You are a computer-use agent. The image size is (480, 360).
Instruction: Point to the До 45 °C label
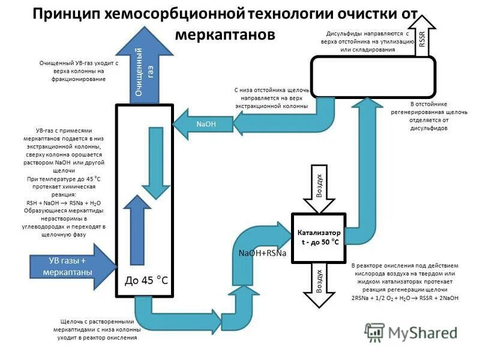click(x=146, y=280)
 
